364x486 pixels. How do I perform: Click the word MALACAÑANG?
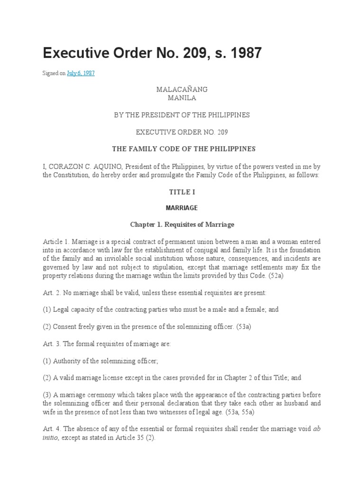coord(182,89)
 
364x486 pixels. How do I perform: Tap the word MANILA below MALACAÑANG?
coord(182,98)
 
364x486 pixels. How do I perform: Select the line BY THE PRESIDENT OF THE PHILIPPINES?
coord(182,115)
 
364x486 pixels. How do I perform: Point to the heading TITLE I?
coord(182,192)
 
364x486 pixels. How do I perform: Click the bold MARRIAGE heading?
coord(182,208)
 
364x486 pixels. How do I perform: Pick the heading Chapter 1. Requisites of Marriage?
coord(182,224)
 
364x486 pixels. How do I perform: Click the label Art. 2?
coord(50,293)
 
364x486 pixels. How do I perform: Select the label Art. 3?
coord(50,344)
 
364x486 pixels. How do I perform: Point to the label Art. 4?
coord(50,429)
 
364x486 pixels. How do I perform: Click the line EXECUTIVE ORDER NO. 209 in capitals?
coord(182,132)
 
